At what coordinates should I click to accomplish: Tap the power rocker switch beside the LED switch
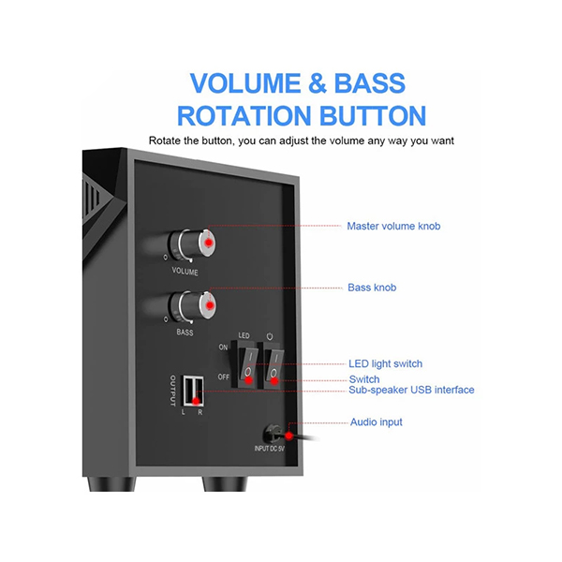pyautogui.click(x=273, y=363)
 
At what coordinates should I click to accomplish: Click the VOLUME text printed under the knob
pyautogui.click(x=185, y=271)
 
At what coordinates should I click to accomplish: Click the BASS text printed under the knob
pyautogui.click(x=185, y=333)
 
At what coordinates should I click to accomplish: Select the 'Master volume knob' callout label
pyautogui.click(x=393, y=226)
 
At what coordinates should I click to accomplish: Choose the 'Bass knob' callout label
pyautogui.click(x=372, y=288)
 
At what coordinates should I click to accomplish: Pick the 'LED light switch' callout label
pyautogui.click(x=385, y=363)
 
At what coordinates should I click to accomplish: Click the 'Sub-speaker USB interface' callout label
pyautogui.click(x=411, y=390)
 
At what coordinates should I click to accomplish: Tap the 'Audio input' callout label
pyautogui.click(x=377, y=422)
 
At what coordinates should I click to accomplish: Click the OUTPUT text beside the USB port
pyautogui.click(x=172, y=389)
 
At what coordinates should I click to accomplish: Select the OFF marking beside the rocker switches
pyautogui.click(x=224, y=377)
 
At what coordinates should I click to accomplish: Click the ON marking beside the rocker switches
pyautogui.click(x=224, y=347)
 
